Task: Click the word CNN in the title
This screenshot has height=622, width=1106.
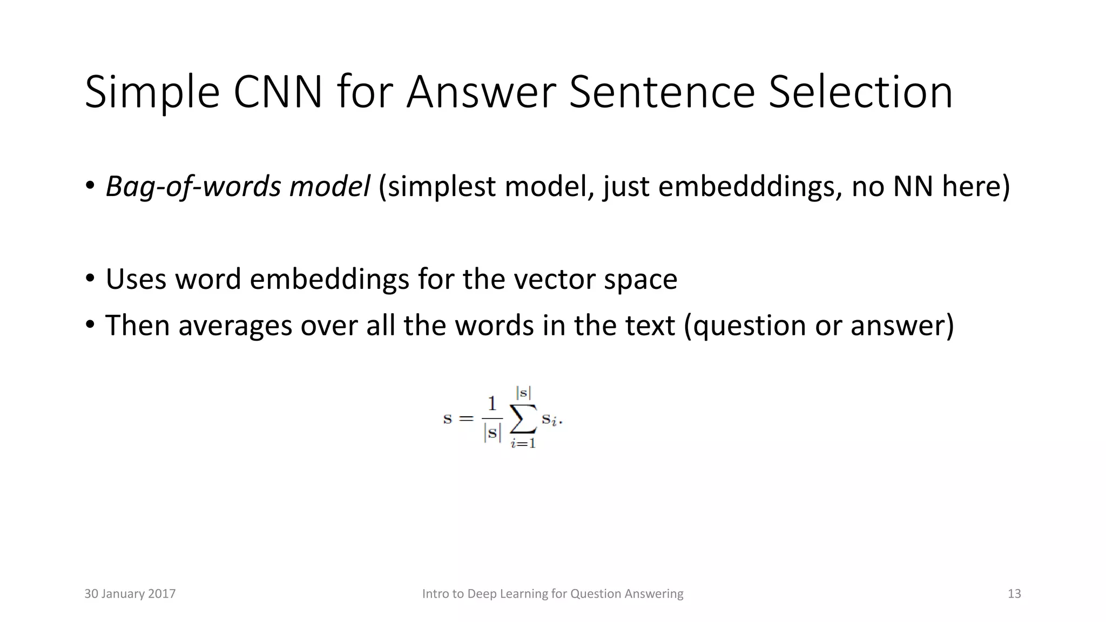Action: (x=278, y=93)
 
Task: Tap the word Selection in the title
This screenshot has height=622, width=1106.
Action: (x=860, y=93)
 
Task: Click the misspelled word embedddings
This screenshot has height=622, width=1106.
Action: (x=750, y=187)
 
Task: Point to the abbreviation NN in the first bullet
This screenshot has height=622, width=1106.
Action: (x=913, y=187)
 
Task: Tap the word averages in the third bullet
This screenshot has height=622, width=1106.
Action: (x=235, y=326)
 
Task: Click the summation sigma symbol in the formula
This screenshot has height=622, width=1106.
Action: (x=523, y=418)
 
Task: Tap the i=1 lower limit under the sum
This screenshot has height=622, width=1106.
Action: (x=523, y=444)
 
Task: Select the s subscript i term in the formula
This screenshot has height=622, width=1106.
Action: (x=550, y=420)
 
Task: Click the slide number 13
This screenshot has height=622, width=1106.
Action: (x=1014, y=594)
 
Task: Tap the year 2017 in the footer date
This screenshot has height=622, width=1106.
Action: (x=161, y=594)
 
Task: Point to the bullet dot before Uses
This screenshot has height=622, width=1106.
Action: (x=90, y=280)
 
